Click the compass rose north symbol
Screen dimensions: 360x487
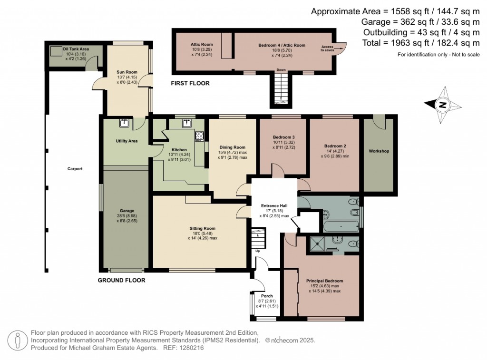pyautogui.click(x=442, y=105)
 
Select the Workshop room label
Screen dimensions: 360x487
pyautogui.click(x=379, y=151)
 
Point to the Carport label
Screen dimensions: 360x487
pyautogui.click(x=75, y=169)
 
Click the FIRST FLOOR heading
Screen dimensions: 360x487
pyautogui.click(x=190, y=83)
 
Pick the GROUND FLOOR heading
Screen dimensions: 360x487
pyautogui.click(x=121, y=281)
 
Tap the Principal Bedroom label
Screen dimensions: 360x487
pyautogui.click(x=324, y=281)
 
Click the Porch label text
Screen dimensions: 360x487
pyautogui.click(x=267, y=296)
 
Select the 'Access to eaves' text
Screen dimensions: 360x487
pyautogui.click(x=327, y=48)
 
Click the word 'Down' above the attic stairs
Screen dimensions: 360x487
pyautogui.click(x=281, y=70)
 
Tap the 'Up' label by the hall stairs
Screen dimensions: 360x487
pyautogui.click(x=258, y=251)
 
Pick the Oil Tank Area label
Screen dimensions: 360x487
pyautogui.click(x=76, y=49)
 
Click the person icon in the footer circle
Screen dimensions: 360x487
pyautogui.click(x=18, y=340)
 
